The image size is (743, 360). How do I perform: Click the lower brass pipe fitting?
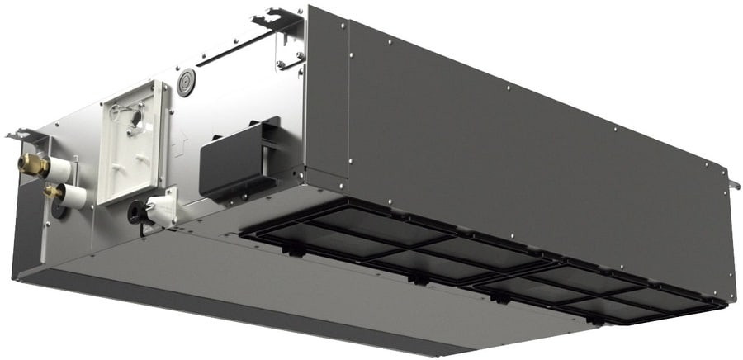(x=52, y=192)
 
